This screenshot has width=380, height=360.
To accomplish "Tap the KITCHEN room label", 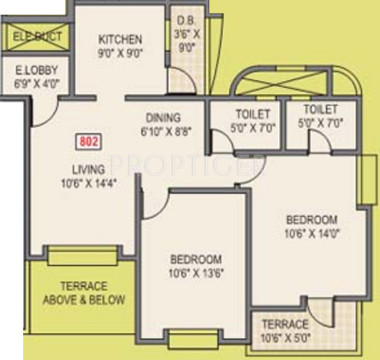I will pos(120,39).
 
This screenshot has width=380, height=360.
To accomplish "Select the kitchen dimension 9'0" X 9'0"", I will pos(120,51).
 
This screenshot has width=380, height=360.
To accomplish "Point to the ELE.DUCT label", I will pos(38,36).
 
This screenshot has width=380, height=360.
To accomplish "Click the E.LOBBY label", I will pos(37,70).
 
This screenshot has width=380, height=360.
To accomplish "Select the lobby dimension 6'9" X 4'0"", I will pos(37,82).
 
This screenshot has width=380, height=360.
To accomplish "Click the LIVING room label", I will pos(89,169).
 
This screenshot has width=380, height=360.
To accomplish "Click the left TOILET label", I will pos(253,114).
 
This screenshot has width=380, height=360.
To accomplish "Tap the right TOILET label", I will pos(321,110).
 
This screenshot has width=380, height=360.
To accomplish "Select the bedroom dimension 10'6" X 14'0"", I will pos(312,234).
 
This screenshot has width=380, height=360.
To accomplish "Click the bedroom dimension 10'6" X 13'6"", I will pos(195,272).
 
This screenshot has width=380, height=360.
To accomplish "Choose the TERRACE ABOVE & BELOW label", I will pos(84,293).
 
